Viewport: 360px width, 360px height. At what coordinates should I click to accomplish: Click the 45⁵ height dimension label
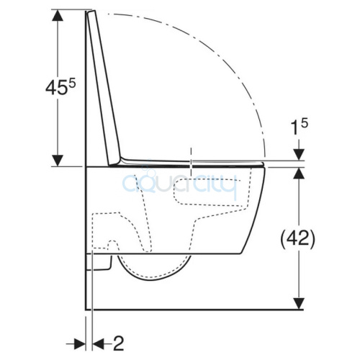(60, 87)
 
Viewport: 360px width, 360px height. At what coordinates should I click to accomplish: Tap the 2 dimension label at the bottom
(118, 343)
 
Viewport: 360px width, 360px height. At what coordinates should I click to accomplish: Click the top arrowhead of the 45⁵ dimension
(58, 16)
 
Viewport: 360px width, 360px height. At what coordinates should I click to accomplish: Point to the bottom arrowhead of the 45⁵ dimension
(58, 161)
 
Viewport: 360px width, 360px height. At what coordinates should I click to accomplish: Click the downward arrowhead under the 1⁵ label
(299, 154)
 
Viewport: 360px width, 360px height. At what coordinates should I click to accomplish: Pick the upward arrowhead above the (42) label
(299, 174)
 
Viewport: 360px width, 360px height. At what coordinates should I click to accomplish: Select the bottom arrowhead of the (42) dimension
(299, 303)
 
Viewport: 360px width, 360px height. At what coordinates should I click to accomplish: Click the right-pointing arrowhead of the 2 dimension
(80, 344)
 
